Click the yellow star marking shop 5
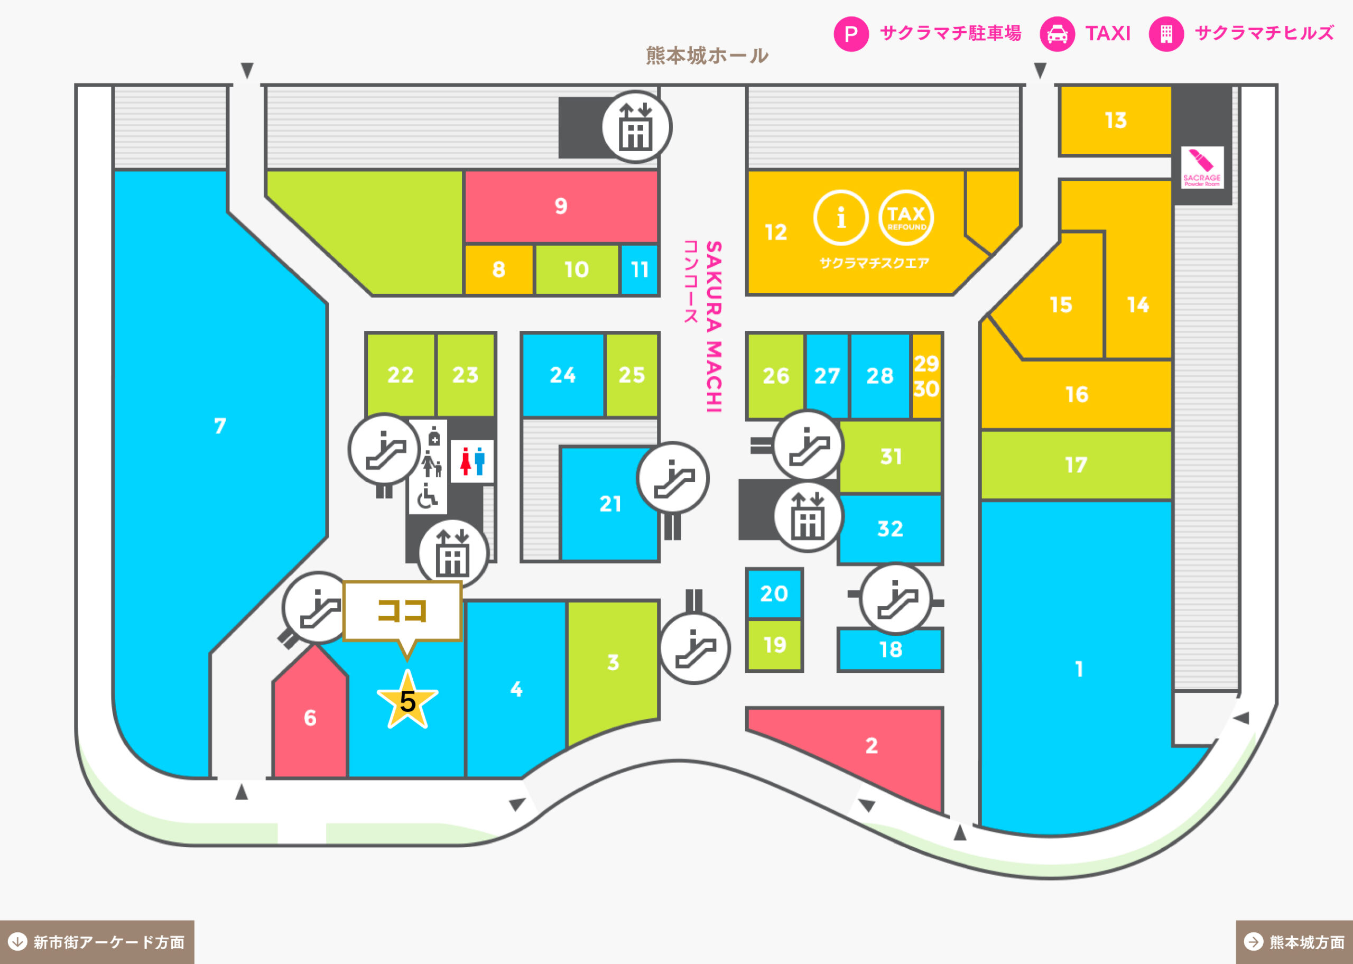click(x=407, y=700)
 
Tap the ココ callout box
click(x=402, y=611)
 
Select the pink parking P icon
click(x=851, y=34)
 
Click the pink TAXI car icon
click(x=1057, y=34)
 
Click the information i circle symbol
click(x=841, y=218)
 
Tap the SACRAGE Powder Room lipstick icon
click(x=1202, y=168)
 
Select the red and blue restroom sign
click(x=472, y=461)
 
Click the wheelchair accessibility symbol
click(x=427, y=496)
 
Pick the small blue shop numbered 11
click(x=639, y=270)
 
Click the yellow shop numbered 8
click(x=498, y=270)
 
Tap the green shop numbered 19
click(x=774, y=645)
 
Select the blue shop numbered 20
click(x=774, y=594)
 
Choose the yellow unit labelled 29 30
click(x=926, y=376)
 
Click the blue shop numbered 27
click(x=827, y=376)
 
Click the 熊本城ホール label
click(x=707, y=56)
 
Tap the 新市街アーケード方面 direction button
click(x=97, y=942)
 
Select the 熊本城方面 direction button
click(x=1294, y=942)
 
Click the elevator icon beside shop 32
click(x=808, y=516)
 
